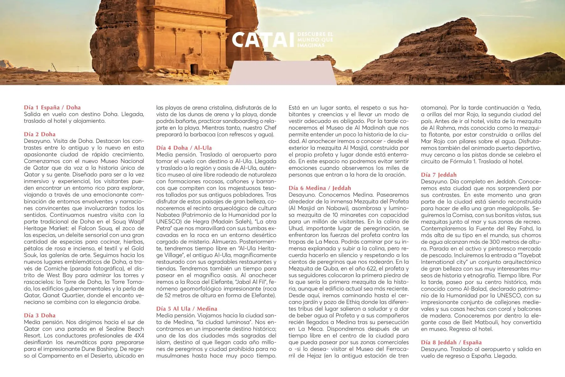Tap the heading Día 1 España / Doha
coord(52,107)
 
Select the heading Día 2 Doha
coord(40,134)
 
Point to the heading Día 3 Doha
coord(40,315)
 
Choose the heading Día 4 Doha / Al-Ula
coord(184,148)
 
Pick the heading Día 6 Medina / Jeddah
coord(320,188)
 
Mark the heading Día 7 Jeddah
coord(439,175)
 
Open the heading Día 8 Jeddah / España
coord(451,342)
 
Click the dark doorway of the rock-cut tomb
coord(194,69)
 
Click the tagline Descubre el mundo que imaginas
coord(315,40)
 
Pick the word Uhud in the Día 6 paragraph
coord(296,228)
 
